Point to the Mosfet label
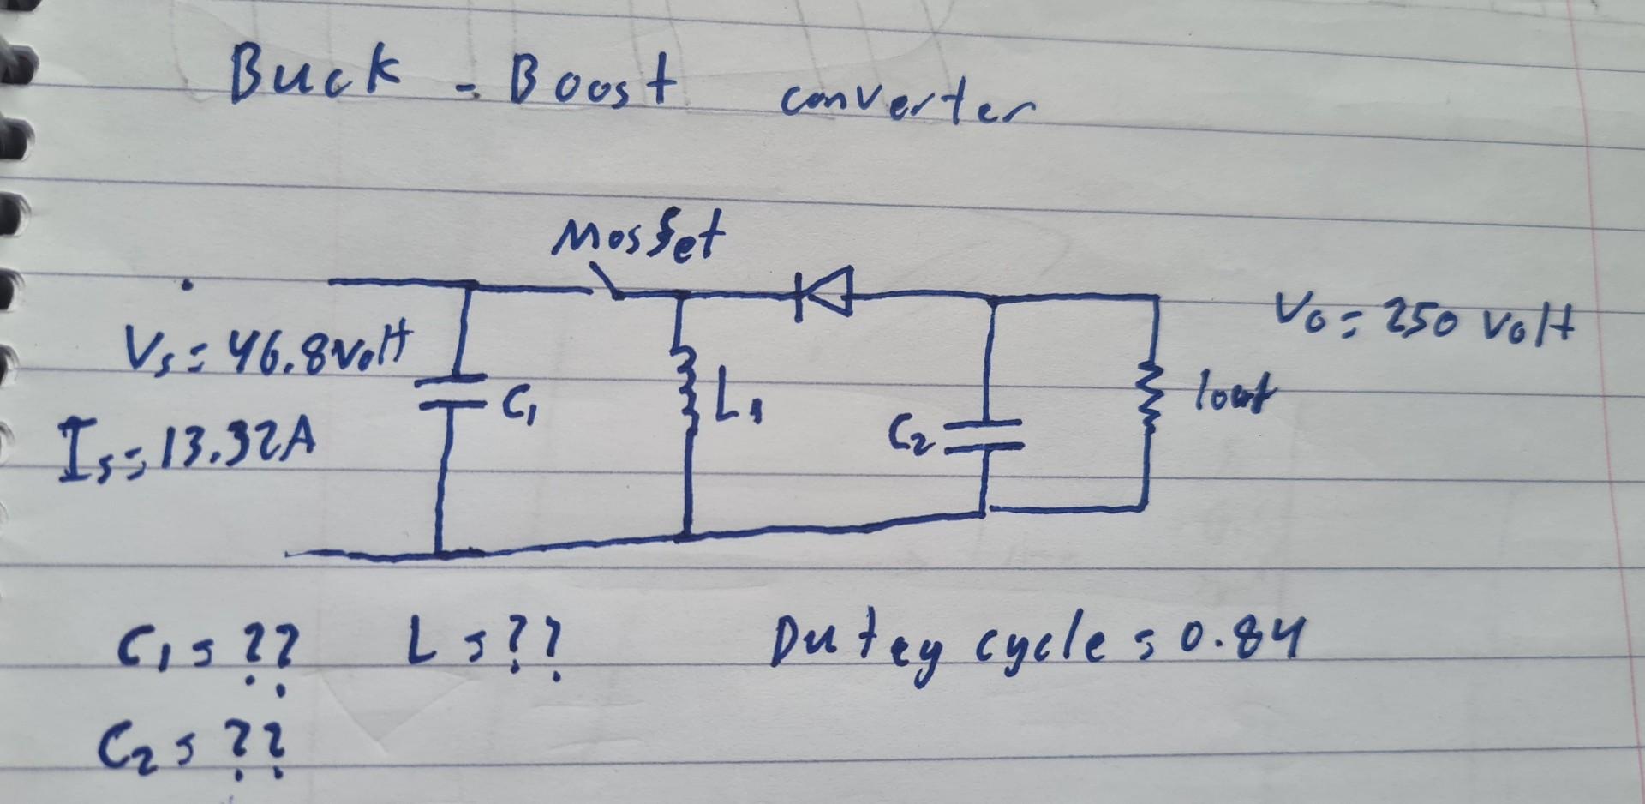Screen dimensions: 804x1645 (638, 237)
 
